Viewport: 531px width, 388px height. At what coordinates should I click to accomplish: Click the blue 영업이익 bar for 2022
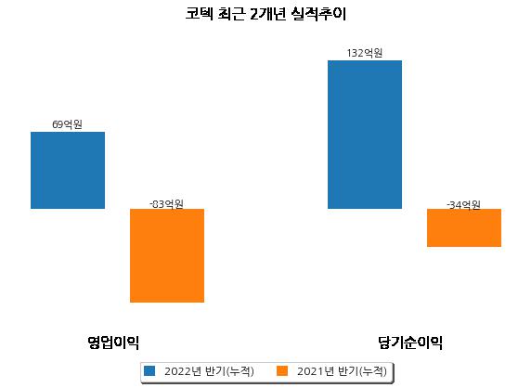pyautogui.click(x=68, y=170)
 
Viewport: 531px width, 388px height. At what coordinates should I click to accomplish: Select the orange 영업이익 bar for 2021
pyautogui.click(x=167, y=255)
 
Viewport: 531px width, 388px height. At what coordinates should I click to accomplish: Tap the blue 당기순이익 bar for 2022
pyautogui.click(x=365, y=135)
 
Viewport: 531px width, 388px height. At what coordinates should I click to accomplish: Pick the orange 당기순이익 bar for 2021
pyautogui.click(x=464, y=227)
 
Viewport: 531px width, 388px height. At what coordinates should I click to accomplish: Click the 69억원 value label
pyautogui.click(x=67, y=124)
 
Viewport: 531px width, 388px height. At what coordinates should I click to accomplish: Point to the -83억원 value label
pyautogui.click(x=166, y=204)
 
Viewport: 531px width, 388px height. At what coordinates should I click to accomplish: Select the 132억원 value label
pyautogui.click(x=365, y=53)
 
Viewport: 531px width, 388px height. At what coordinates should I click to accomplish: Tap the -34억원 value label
pyautogui.click(x=463, y=205)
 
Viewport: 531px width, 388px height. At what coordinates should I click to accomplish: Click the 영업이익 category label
pyautogui.click(x=113, y=343)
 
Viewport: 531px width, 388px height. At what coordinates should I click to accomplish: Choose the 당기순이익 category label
pyautogui.click(x=410, y=343)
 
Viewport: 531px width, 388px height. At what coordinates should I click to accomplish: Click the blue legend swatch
pyautogui.click(x=149, y=370)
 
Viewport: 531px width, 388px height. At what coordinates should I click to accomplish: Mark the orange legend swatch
pyautogui.click(x=282, y=370)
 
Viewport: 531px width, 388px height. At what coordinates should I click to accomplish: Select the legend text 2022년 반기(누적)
pyautogui.click(x=209, y=371)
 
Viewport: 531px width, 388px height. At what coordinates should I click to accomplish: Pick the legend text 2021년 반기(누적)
pyautogui.click(x=342, y=371)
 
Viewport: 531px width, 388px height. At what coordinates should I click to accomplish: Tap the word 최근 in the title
pyautogui.click(x=231, y=14)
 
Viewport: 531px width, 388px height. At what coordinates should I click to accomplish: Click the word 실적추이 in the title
pyautogui.click(x=318, y=14)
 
